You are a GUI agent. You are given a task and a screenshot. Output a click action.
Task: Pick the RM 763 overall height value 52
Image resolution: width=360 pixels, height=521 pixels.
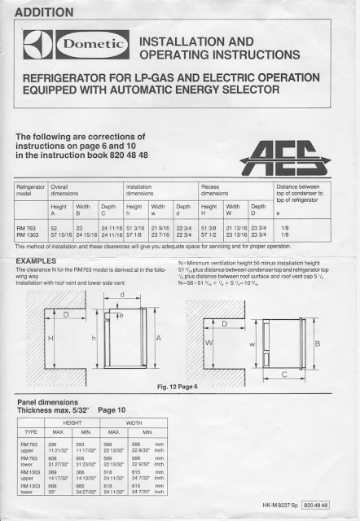55,228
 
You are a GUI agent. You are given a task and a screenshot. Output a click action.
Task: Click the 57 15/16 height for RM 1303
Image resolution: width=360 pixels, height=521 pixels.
61,235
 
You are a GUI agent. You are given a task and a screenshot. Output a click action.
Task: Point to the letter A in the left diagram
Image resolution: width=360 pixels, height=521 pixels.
157,336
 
